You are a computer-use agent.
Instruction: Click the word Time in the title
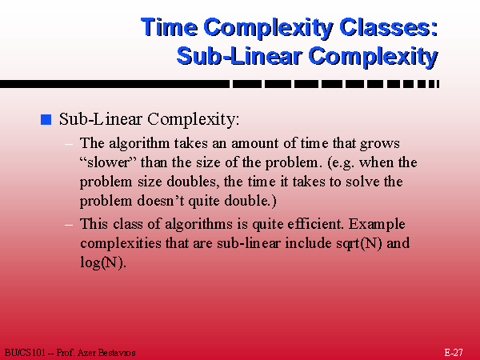click(169, 27)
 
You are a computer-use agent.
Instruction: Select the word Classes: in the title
click(389, 27)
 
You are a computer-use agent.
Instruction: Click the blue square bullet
click(46, 119)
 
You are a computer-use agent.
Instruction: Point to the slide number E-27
click(454, 352)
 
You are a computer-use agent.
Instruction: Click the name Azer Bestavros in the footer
click(106, 353)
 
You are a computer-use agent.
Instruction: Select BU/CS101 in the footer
click(25, 353)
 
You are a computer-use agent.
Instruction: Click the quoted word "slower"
click(108, 162)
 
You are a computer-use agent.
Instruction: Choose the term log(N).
click(103, 262)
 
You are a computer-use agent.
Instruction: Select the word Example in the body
click(377, 225)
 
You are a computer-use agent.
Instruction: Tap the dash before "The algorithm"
click(69, 144)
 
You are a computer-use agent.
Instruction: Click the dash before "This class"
click(69, 225)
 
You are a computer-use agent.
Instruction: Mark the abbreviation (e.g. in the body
click(341, 163)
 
